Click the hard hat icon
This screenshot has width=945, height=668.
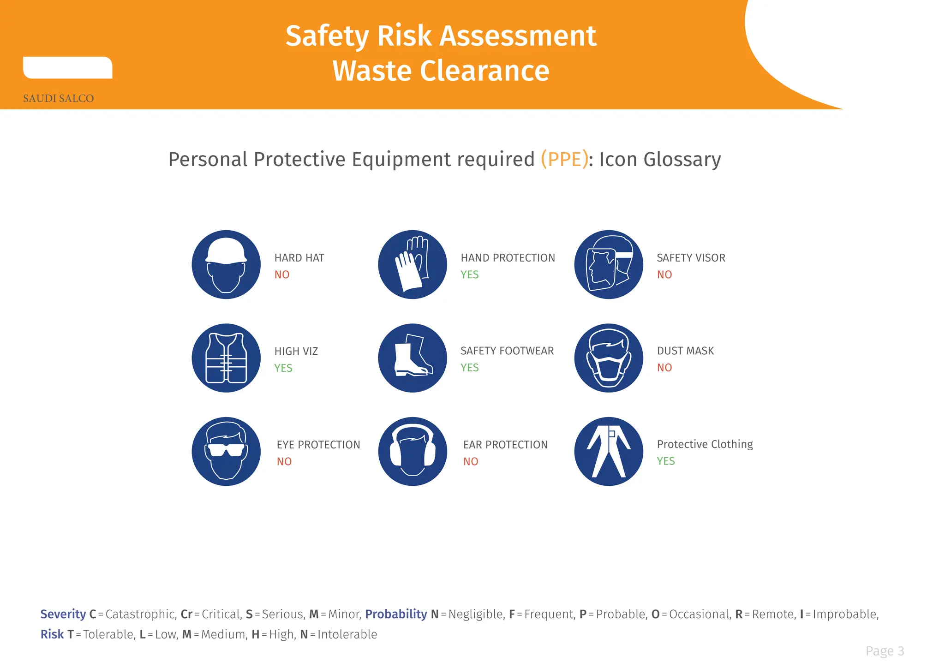pyautogui.click(x=226, y=264)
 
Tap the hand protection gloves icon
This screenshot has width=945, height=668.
pyautogui.click(x=413, y=264)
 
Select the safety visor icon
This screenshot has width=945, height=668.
pyautogui.click(x=609, y=264)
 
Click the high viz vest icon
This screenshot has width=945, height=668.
pyautogui.click(x=226, y=358)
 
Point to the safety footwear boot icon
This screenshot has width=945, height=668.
pyautogui.click(x=413, y=358)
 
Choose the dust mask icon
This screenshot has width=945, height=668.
pyautogui.click(x=609, y=358)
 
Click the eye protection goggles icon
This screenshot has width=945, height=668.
pyautogui.click(x=226, y=451)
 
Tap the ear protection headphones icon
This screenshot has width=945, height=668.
pyautogui.click(x=413, y=451)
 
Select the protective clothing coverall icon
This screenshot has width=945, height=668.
pyautogui.click(x=609, y=451)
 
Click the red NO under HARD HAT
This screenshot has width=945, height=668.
pyautogui.click(x=282, y=275)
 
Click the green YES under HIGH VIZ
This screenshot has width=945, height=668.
pyautogui.click(x=283, y=368)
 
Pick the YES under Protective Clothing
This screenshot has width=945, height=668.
pyautogui.click(x=666, y=461)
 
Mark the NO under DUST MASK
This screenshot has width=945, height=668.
pyautogui.click(x=664, y=368)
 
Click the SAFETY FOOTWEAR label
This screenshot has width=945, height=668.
pyautogui.click(x=507, y=351)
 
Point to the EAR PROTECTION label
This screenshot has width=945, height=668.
pyautogui.click(x=505, y=445)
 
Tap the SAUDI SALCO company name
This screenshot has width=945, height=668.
pyautogui.click(x=59, y=98)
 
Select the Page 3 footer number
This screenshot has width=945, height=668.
pyautogui.click(x=885, y=651)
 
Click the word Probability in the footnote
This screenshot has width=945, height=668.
pyautogui.click(x=396, y=614)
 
